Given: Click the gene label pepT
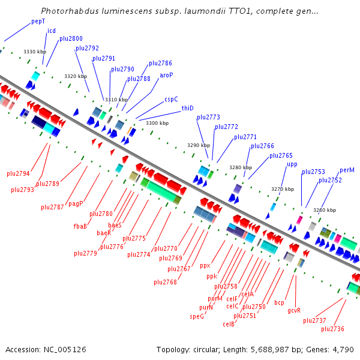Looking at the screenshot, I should point(38,21).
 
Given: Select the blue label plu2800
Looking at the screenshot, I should point(71,38).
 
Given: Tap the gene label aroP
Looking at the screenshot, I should point(166,75).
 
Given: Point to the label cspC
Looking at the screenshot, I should point(171,99).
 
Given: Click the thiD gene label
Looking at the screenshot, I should point(188,108).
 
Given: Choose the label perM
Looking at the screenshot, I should point(347,170).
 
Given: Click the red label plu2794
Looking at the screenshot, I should point(18,173).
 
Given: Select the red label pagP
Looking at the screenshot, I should point(76,203).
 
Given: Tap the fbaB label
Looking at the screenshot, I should point(80,226).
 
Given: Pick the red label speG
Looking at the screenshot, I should point(197,316).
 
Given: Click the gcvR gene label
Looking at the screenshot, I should point(294,310).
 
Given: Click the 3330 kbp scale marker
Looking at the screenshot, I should point(35,52).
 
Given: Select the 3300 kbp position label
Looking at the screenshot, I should point(157,123).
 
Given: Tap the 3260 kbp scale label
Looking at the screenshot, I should point(324,210).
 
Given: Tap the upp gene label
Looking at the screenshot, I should point(292,164).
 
